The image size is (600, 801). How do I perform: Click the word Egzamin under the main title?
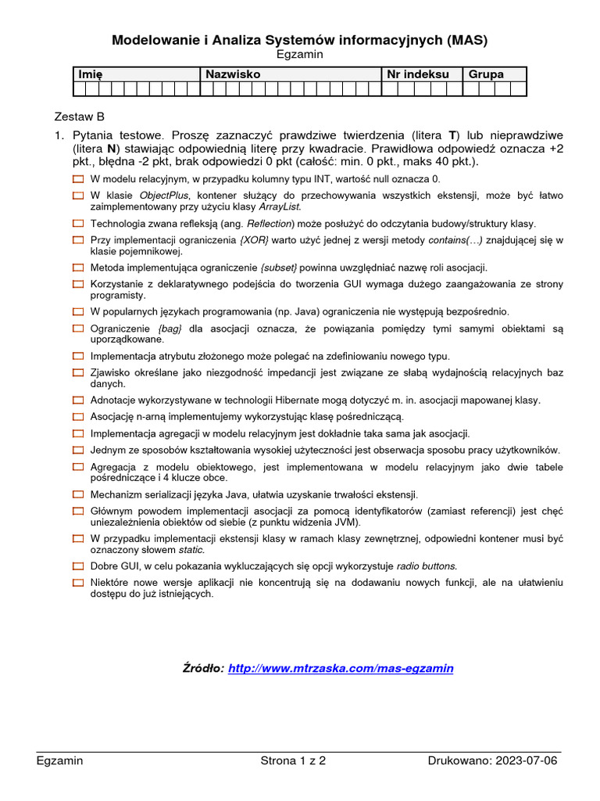300,55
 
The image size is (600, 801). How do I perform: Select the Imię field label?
90,74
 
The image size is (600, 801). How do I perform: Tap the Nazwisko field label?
231,74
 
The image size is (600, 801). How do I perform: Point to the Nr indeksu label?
418,74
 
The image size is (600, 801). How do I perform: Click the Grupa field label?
486,74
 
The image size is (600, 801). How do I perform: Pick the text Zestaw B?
79,116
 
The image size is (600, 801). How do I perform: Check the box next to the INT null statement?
77,179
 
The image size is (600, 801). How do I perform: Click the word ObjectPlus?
164,196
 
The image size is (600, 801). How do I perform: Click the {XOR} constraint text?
255,240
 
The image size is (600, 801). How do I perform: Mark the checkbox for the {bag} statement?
77,329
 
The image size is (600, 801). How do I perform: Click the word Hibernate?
269,400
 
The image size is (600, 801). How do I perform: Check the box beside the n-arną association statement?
77,417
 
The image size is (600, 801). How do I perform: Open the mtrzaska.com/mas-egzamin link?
341,669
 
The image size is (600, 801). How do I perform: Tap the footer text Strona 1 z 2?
293,760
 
